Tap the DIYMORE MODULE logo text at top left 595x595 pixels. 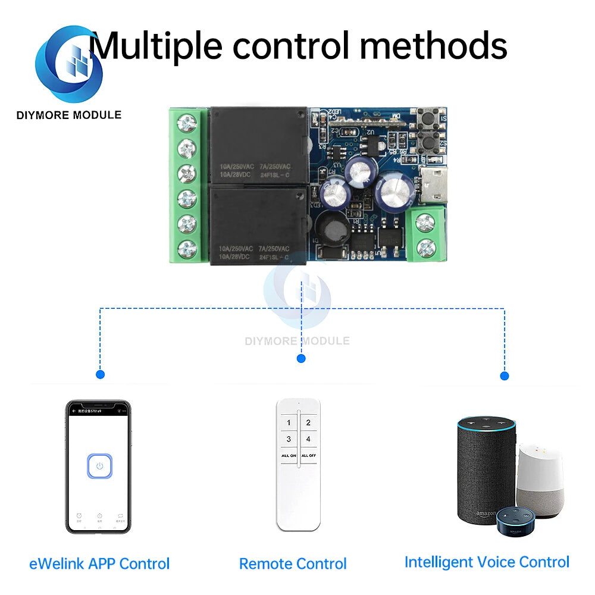pos(69,115)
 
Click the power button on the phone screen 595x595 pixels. pos(100,466)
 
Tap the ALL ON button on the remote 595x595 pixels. pos(289,455)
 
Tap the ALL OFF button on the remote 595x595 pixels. pos(308,455)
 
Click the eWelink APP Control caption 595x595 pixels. pos(99,563)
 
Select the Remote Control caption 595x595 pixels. pos(293,563)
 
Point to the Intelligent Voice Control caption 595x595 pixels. pos(487,562)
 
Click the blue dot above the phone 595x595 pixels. pos(100,375)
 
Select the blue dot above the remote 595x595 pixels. pos(301,358)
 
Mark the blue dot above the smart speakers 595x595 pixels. pos(505,376)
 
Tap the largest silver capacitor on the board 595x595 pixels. pos(394,192)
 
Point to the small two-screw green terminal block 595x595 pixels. pos(425,234)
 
